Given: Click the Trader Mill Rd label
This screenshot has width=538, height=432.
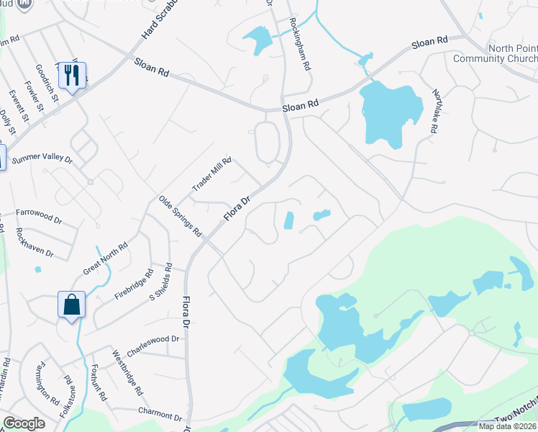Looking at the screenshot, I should [211, 176].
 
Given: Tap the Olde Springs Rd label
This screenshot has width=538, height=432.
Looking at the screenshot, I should [180, 216].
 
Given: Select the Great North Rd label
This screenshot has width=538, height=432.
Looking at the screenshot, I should [105, 258].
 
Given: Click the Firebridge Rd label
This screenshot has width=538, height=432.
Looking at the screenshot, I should [134, 285].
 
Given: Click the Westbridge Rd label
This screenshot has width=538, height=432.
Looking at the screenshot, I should [127, 372].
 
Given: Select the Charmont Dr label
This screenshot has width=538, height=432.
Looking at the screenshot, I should [160, 414].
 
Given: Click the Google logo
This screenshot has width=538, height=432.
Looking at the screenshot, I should [24, 423].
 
